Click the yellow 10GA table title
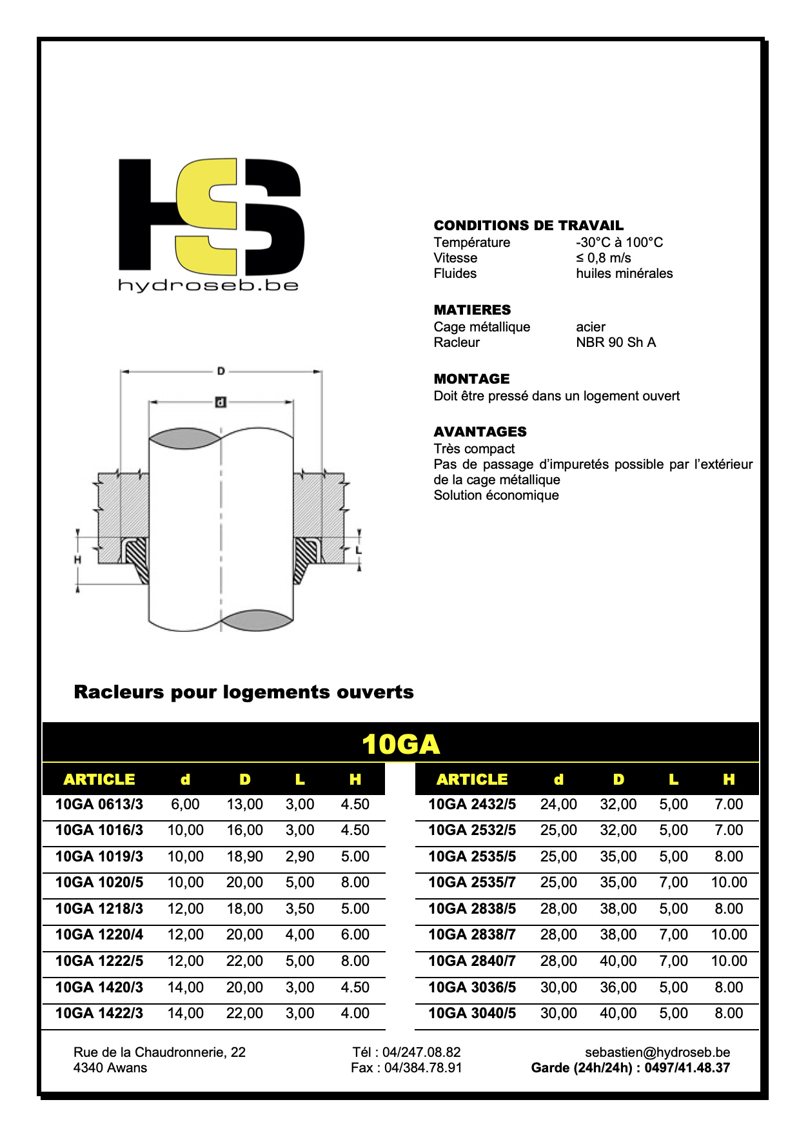400,744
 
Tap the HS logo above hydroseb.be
211,217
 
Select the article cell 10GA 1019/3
99,856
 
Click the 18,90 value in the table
244,856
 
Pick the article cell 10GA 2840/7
472,961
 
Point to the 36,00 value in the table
618,987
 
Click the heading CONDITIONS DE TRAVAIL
528,226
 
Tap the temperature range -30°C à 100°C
619,242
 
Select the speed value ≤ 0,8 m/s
603,258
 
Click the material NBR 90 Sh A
615,342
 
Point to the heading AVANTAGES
480,432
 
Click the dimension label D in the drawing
221,371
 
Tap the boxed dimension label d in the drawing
221,402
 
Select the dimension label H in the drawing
77,560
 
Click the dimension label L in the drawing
359,550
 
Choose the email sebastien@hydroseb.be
657,1052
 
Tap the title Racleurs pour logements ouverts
244,692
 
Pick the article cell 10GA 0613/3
99,804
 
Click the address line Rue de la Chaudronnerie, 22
159,1052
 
